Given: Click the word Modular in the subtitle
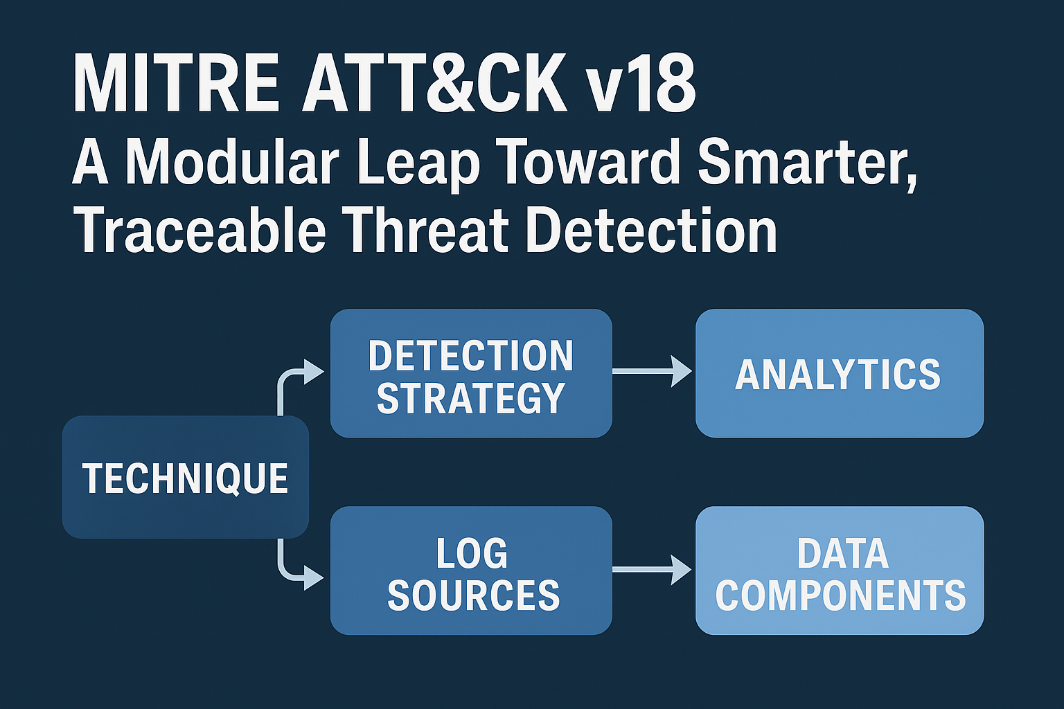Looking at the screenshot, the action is tap(232, 161).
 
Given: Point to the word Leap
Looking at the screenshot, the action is tap(418, 164).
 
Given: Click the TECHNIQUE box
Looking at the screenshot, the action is tap(185, 477).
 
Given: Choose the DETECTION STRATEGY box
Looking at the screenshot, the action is tap(471, 373).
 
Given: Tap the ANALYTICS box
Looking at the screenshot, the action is tap(840, 373).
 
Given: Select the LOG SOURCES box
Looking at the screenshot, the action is tap(471, 571).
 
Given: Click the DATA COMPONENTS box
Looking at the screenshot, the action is tap(840, 571).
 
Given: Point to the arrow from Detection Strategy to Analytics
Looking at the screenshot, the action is tap(652, 371).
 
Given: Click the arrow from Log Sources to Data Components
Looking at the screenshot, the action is tap(652, 569).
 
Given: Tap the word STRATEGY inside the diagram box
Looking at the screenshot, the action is tap(471, 398).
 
